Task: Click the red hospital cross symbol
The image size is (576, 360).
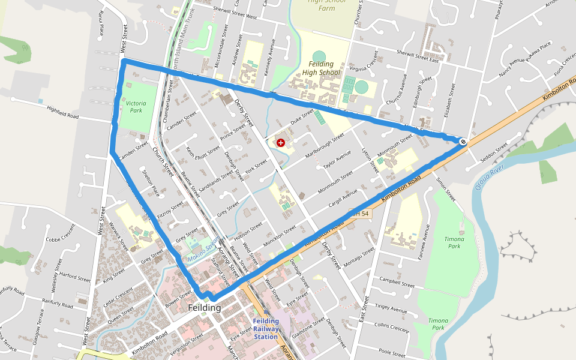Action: coord(280,142)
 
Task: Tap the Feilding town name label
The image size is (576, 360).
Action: coord(204,308)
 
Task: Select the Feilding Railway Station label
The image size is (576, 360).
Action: coord(266,329)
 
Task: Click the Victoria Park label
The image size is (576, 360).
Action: coord(136,107)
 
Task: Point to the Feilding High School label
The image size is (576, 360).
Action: coord(321,68)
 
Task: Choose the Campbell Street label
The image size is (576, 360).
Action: coord(397,282)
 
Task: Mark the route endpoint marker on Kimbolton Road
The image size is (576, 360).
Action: coord(463,142)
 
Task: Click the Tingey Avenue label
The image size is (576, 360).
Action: coord(391,308)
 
